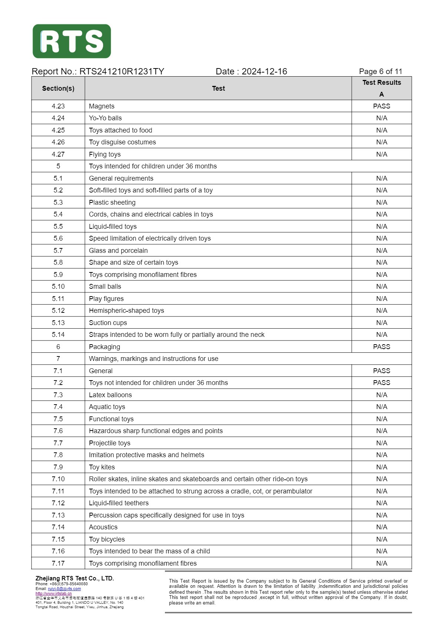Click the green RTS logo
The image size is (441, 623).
[72, 41]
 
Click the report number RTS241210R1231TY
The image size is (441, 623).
[122, 71]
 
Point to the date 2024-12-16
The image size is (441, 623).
[264, 71]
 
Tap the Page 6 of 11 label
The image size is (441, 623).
[380, 71]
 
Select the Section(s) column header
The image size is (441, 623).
[58, 88]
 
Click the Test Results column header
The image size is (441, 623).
[381, 83]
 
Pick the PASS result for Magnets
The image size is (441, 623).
[381, 106]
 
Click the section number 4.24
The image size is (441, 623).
[58, 118]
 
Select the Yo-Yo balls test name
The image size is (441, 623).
[105, 118]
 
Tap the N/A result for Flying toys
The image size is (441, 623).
[381, 154]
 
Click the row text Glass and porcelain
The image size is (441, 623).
[118, 251]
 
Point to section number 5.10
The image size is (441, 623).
[58, 287]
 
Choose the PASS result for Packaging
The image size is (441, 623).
[381, 347]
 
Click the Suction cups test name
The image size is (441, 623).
[108, 323]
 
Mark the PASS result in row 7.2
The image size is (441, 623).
[381, 383]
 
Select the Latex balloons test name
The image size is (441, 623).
[110, 395]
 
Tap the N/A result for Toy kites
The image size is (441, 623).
[381, 467]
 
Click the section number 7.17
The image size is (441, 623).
[58, 563]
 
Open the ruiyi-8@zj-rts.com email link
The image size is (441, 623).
[64, 589]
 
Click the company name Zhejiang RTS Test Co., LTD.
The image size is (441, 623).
[74, 578]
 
